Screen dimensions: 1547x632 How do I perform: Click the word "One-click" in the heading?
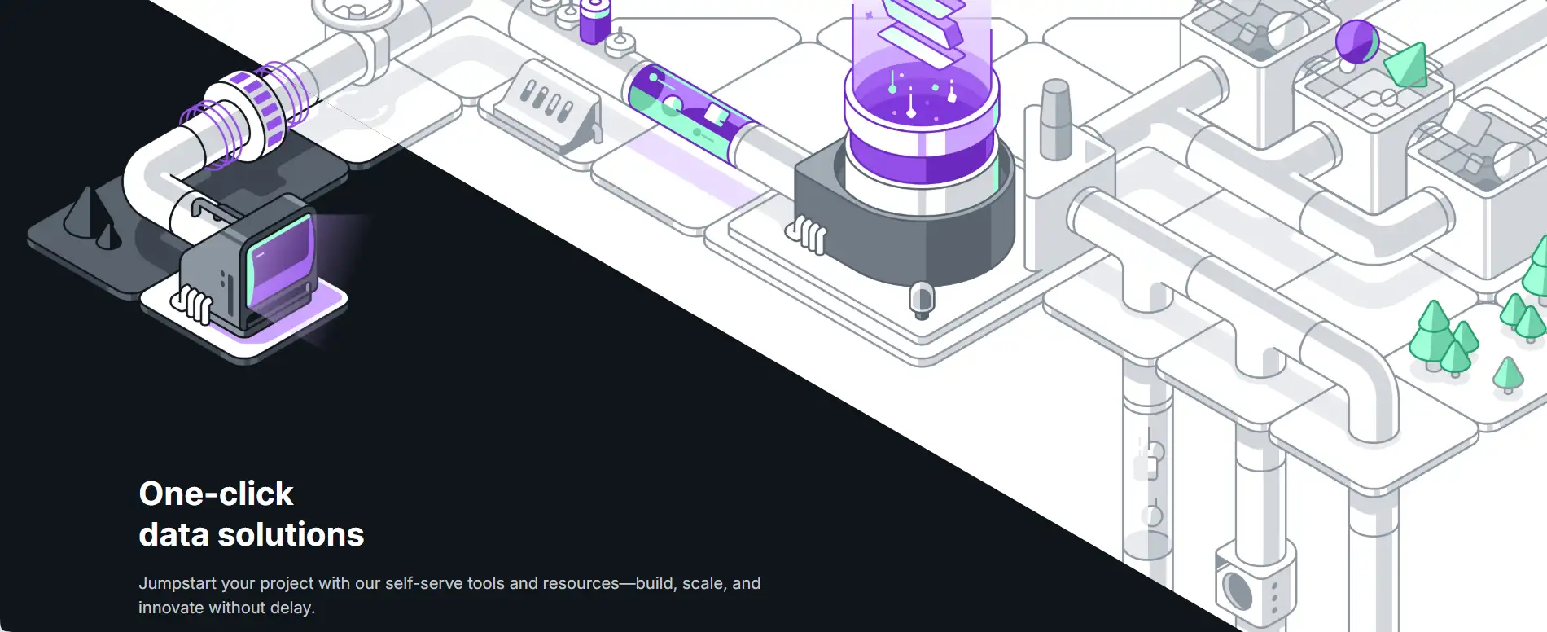pos(216,494)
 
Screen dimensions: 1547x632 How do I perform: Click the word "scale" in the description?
pos(703,583)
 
